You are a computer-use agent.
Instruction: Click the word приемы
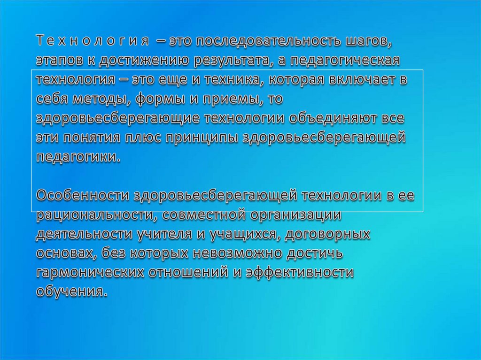224,99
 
